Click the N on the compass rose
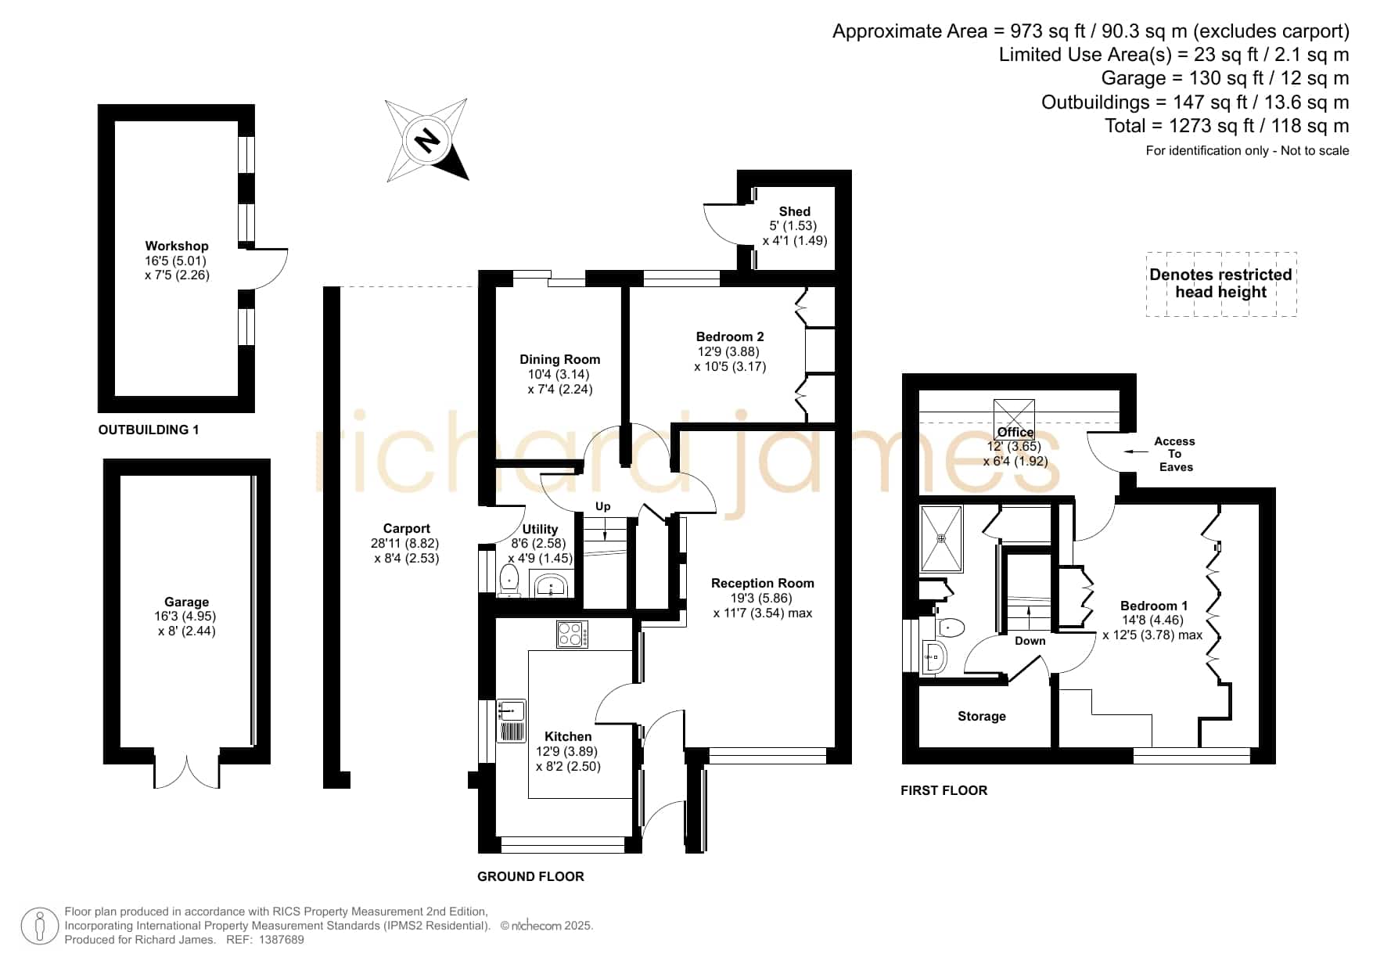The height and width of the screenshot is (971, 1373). point(427,141)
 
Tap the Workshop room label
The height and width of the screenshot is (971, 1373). point(177,246)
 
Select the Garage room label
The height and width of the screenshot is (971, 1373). point(186,602)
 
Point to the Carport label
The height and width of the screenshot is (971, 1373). point(407,528)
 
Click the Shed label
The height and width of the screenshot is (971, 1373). point(794,211)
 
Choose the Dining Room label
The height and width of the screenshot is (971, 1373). point(560,359)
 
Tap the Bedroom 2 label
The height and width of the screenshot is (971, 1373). point(730,336)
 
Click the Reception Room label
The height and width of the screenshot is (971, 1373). point(763,583)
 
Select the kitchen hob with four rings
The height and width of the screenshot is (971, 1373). point(572,634)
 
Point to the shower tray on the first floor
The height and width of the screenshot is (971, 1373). point(942,538)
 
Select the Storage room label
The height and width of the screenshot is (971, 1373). point(982,716)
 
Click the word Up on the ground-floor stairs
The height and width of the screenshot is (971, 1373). point(602,506)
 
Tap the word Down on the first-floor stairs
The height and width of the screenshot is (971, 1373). point(1030,641)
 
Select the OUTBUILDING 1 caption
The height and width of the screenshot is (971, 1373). point(149,430)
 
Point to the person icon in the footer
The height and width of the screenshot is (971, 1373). point(39,926)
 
